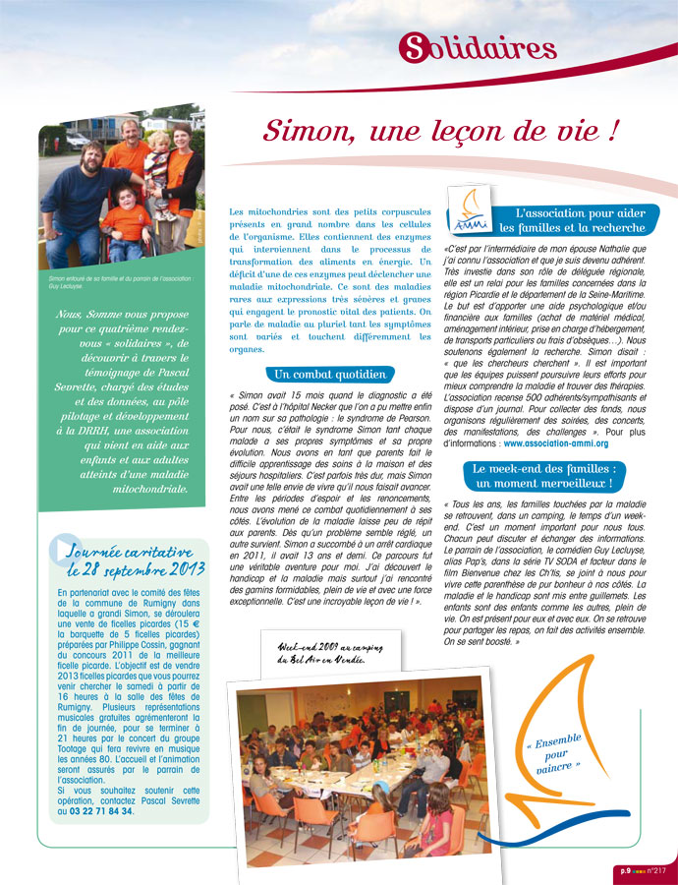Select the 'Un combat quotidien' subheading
coord(329,375)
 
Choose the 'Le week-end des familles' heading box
coord(543,476)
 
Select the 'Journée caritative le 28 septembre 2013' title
coord(136,560)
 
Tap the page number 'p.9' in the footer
coord(625,869)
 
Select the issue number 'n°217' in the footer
coord(657,869)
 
